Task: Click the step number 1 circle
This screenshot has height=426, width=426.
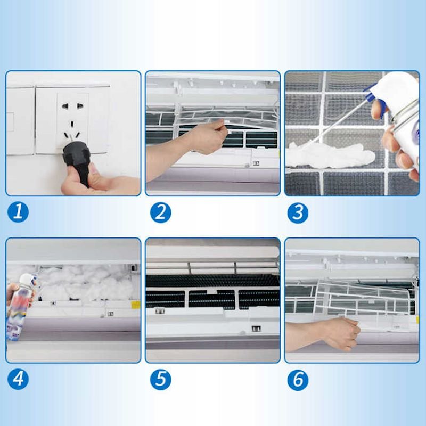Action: click(x=18, y=212)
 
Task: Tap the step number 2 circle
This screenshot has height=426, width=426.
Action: click(x=161, y=212)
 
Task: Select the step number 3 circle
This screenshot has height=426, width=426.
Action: click(x=298, y=212)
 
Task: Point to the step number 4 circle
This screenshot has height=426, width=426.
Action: click(x=18, y=379)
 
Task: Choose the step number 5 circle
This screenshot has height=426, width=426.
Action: click(x=161, y=380)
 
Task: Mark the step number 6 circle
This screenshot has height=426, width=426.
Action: click(x=298, y=380)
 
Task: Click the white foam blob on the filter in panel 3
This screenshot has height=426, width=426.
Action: click(x=330, y=155)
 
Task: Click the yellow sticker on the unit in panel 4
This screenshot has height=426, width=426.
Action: click(x=136, y=305)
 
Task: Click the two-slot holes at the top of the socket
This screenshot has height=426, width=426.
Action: click(x=72, y=105)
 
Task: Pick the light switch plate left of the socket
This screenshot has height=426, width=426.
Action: click(x=20, y=121)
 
